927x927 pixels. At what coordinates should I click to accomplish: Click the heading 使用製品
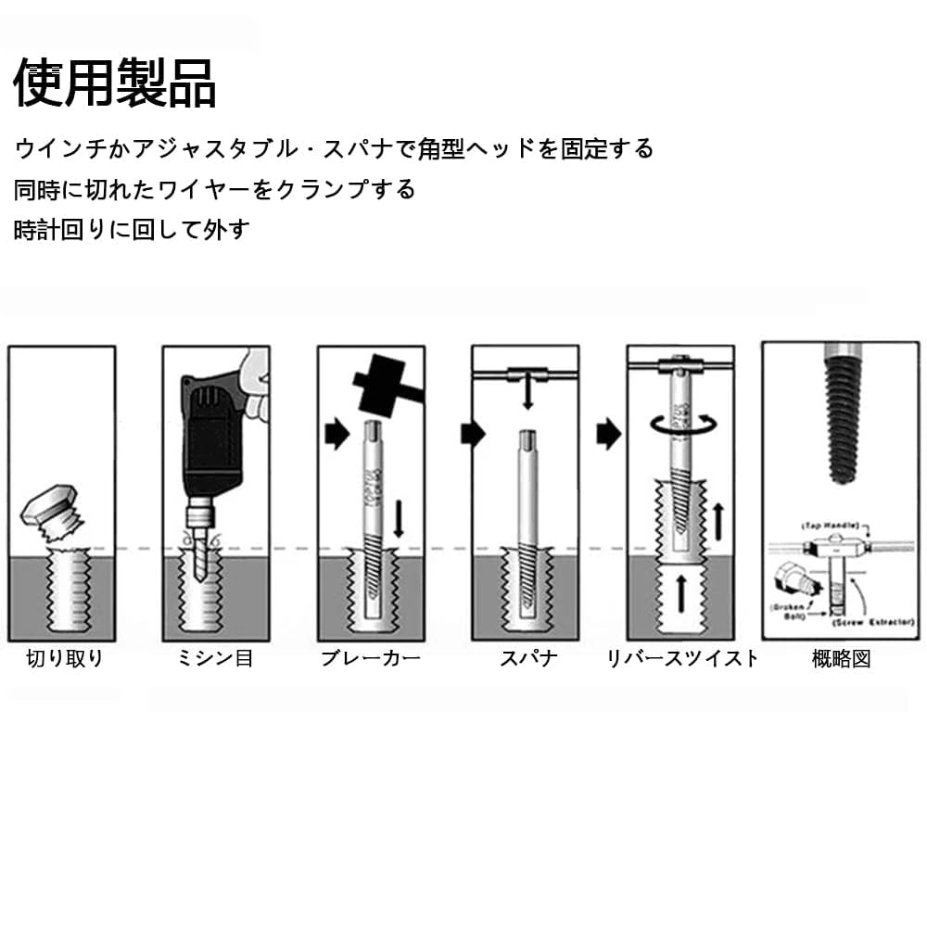coord(115,83)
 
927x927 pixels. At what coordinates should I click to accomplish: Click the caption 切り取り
coord(64,659)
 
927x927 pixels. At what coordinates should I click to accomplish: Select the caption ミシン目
coord(215,659)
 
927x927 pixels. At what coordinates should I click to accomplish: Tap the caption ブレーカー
coord(371,659)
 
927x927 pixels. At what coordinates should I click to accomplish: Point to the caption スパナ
coord(528,659)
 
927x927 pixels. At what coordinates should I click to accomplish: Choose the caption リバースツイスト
coord(682,659)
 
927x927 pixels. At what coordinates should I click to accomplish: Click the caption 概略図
coord(841,659)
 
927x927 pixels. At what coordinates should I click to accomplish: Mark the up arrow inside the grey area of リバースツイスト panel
coord(680,591)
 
